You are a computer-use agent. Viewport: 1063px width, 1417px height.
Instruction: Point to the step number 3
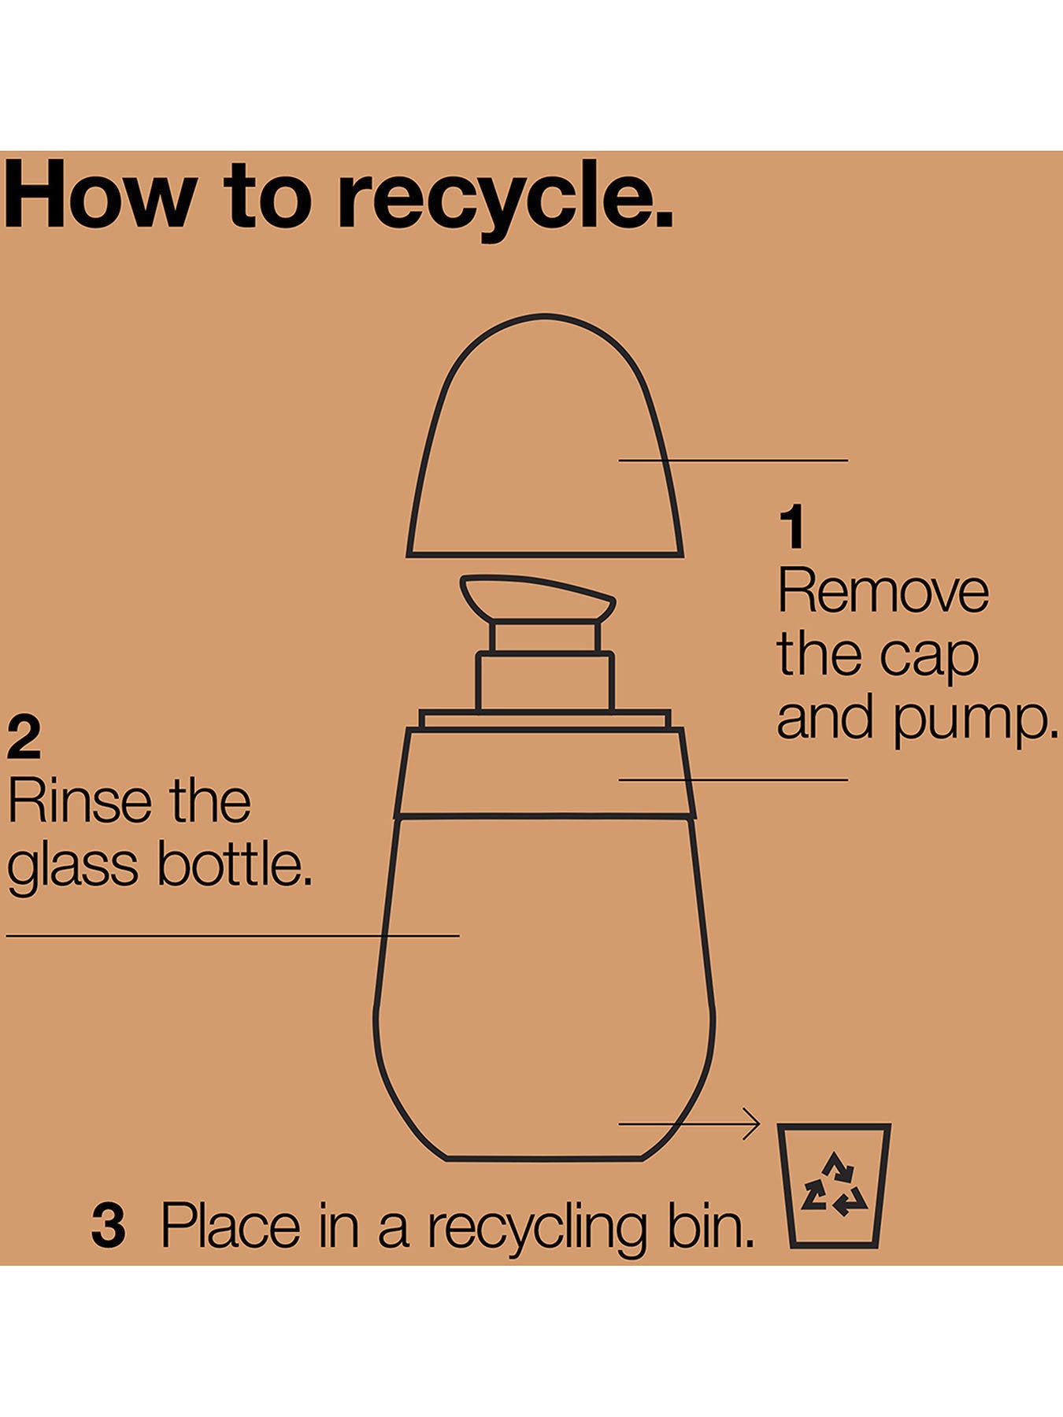tap(108, 1226)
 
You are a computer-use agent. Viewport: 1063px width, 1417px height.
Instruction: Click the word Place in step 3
tap(231, 1226)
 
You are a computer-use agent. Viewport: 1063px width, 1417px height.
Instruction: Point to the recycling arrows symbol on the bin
tap(834, 1184)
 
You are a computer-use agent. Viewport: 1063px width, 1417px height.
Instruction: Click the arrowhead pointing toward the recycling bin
tap(750, 1123)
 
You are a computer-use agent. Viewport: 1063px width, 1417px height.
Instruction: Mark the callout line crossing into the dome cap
tap(733, 461)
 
